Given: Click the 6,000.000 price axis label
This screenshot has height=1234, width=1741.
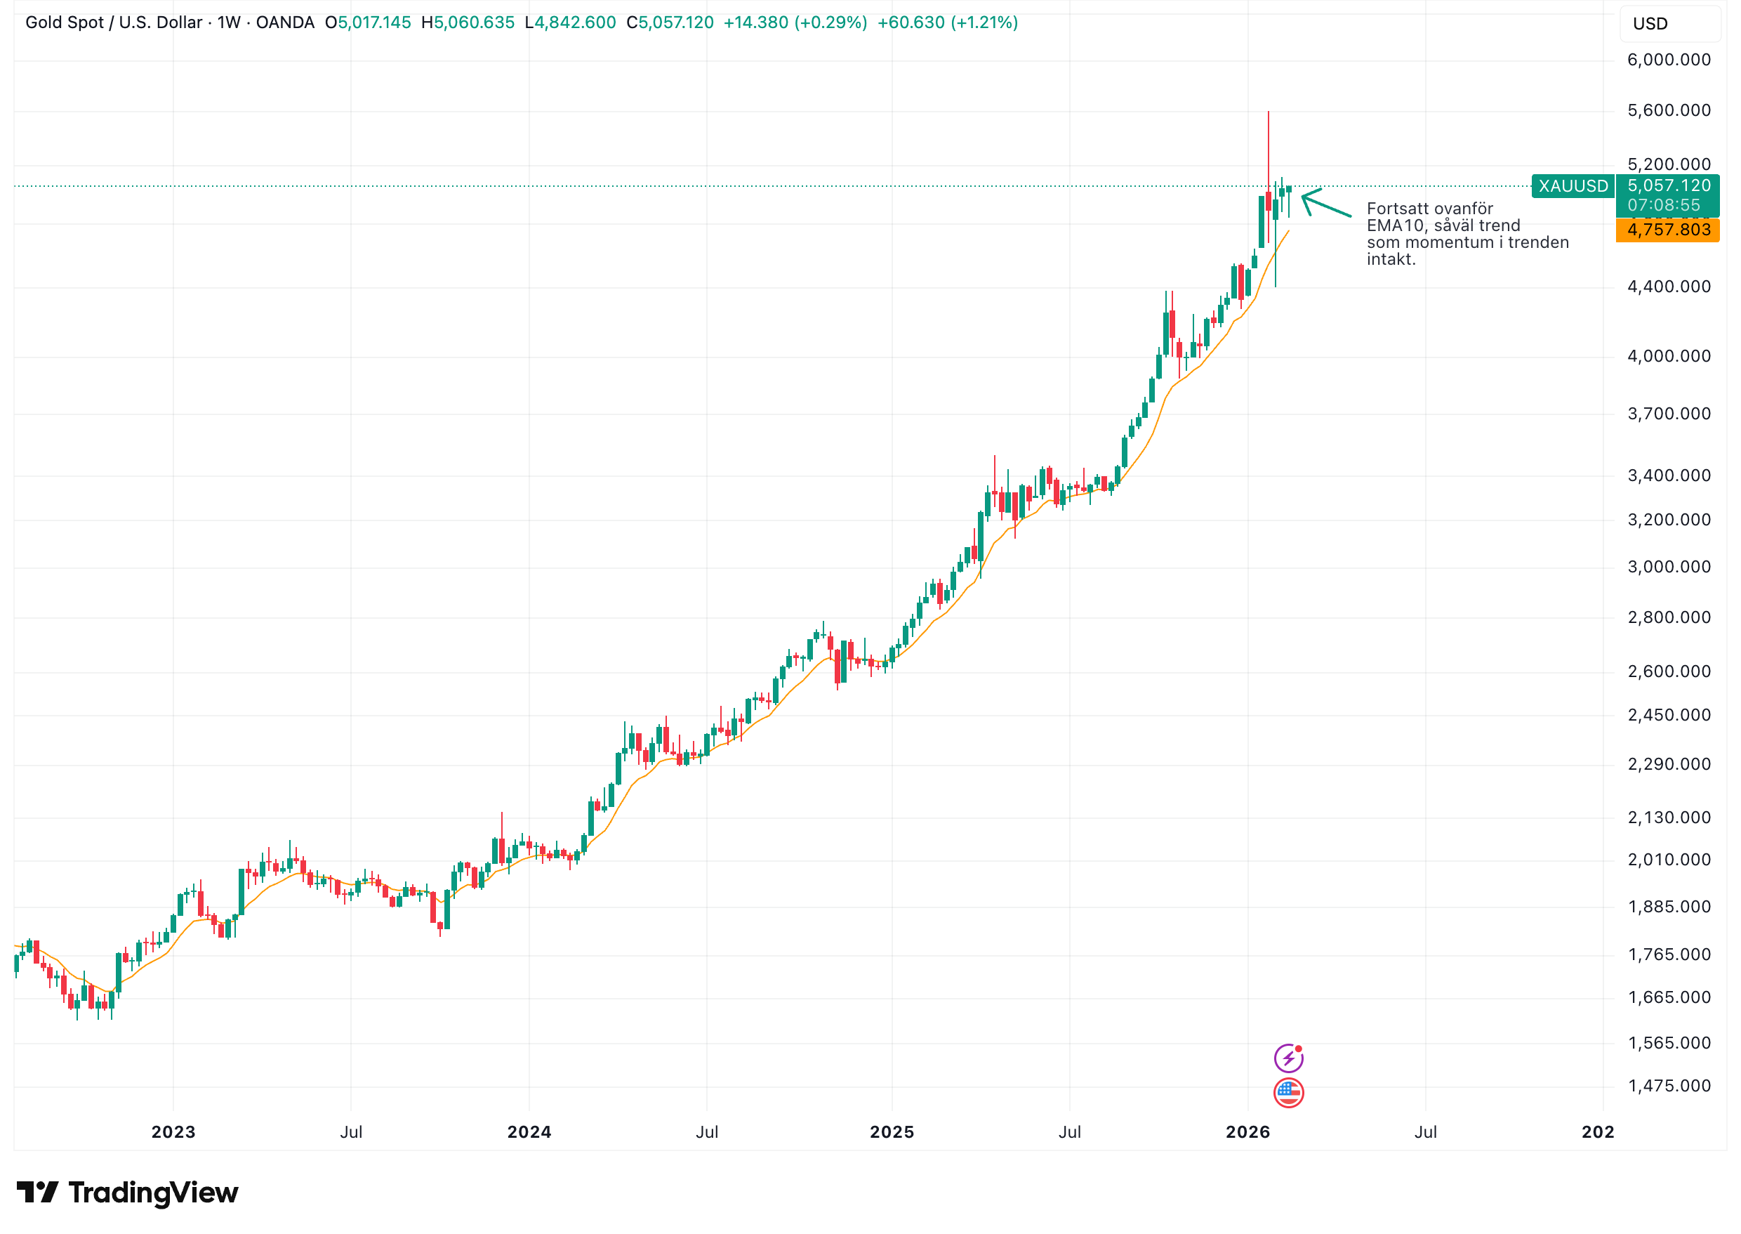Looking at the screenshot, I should pyautogui.click(x=1668, y=60).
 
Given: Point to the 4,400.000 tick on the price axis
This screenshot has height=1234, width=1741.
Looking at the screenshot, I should pyautogui.click(x=1668, y=287).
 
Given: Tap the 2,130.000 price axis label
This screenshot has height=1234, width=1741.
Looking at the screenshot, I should pyautogui.click(x=1668, y=818).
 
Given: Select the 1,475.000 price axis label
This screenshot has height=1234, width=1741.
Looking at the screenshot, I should pyautogui.click(x=1668, y=1086).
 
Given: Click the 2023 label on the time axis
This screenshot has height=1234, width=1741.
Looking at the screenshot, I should pyautogui.click(x=173, y=1132).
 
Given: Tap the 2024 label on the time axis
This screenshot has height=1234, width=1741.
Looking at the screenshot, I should pyautogui.click(x=529, y=1132).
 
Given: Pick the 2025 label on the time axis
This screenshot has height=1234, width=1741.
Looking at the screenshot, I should pyautogui.click(x=891, y=1132).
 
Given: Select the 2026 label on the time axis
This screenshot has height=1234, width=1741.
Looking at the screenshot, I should pyautogui.click(x=1247, y=1132).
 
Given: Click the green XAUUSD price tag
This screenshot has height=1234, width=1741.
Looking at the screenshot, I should pyautogui.click(x=1573, y=186).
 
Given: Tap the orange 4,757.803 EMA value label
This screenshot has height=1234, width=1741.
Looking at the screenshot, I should pyautogui.click(x=1668, y=230).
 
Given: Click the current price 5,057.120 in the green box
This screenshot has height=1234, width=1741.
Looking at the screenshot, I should pyautogui.click(x=1668, y=185).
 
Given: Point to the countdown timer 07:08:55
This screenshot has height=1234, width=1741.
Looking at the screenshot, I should pyautogui.click(x=1664, y=205).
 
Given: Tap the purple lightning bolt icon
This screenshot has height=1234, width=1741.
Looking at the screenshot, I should pyautogui.click(x=1288, y=1058).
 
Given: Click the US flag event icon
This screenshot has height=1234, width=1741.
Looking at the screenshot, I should pyautogui.click(x=1288, y=1093).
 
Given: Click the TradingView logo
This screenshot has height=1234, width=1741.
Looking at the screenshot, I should pyautogui.click(x=128, y=1193).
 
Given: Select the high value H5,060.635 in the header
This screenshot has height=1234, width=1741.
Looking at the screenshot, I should pyautogui.click(x=468, y=22).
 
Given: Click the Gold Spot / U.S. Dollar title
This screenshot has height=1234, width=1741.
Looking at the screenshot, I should pyautogui.click(x=114, y=22).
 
